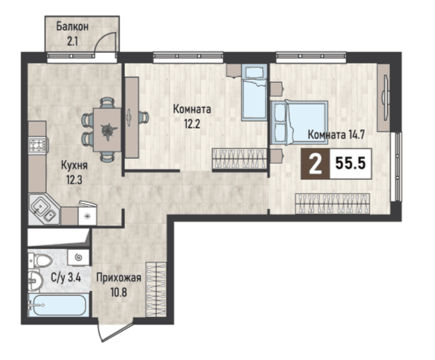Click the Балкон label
click(73, 27)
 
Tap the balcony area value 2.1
click(72, 42)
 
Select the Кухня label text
click(74, 166)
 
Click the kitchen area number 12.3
click(74, 180)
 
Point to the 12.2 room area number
click(192, 124)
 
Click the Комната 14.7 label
click(336, 135)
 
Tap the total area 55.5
click(350, 163)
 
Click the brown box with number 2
click(316, 164)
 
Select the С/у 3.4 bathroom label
click(66, 277)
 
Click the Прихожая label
click(119, 277)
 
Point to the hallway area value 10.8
click(119, 292)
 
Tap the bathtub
click(59, 305)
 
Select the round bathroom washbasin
click(35, 280)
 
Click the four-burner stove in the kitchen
click(37, 145)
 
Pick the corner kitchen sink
click(44, 210)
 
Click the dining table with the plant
click(107, 129)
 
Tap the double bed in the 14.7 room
click(299, 122)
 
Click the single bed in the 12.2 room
click(254, 92)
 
